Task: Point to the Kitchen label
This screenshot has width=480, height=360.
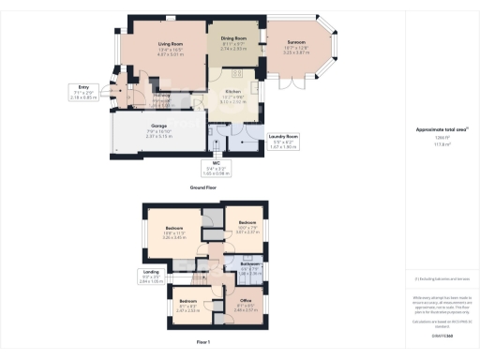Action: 232,96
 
